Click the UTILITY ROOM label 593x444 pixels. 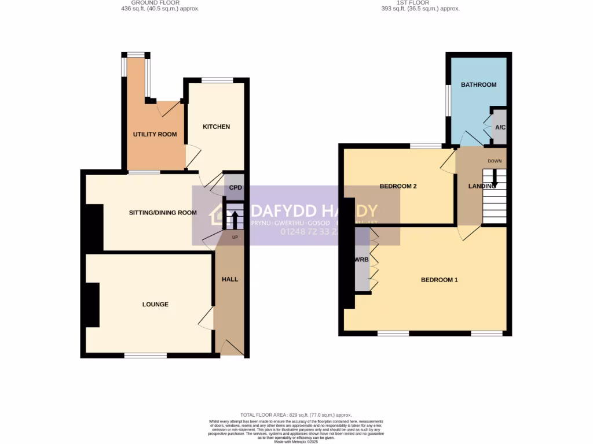coord(155,135)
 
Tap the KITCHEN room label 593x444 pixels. coord(216,127)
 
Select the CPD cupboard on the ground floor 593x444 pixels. coord(235,188)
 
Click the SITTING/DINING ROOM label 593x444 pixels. coord(163,213)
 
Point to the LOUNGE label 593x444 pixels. coord(155,305)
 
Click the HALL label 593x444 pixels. coord(230,279)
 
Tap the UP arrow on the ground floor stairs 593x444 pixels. coord(235,220)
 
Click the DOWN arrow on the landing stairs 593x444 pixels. coord(494,180)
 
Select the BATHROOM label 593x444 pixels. coord(478,85)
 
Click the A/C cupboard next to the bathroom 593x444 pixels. coord(499,128)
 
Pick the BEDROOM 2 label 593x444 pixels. coord(398,187)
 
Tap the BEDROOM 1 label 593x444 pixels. coord(439,280)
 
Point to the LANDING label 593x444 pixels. coord(482,186)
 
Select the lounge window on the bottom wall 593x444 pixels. coord(145,355)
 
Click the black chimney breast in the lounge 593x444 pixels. coord(92,305)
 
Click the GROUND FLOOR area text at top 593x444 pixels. coord(155,6)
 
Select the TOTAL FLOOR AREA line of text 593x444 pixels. coord(296,415)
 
